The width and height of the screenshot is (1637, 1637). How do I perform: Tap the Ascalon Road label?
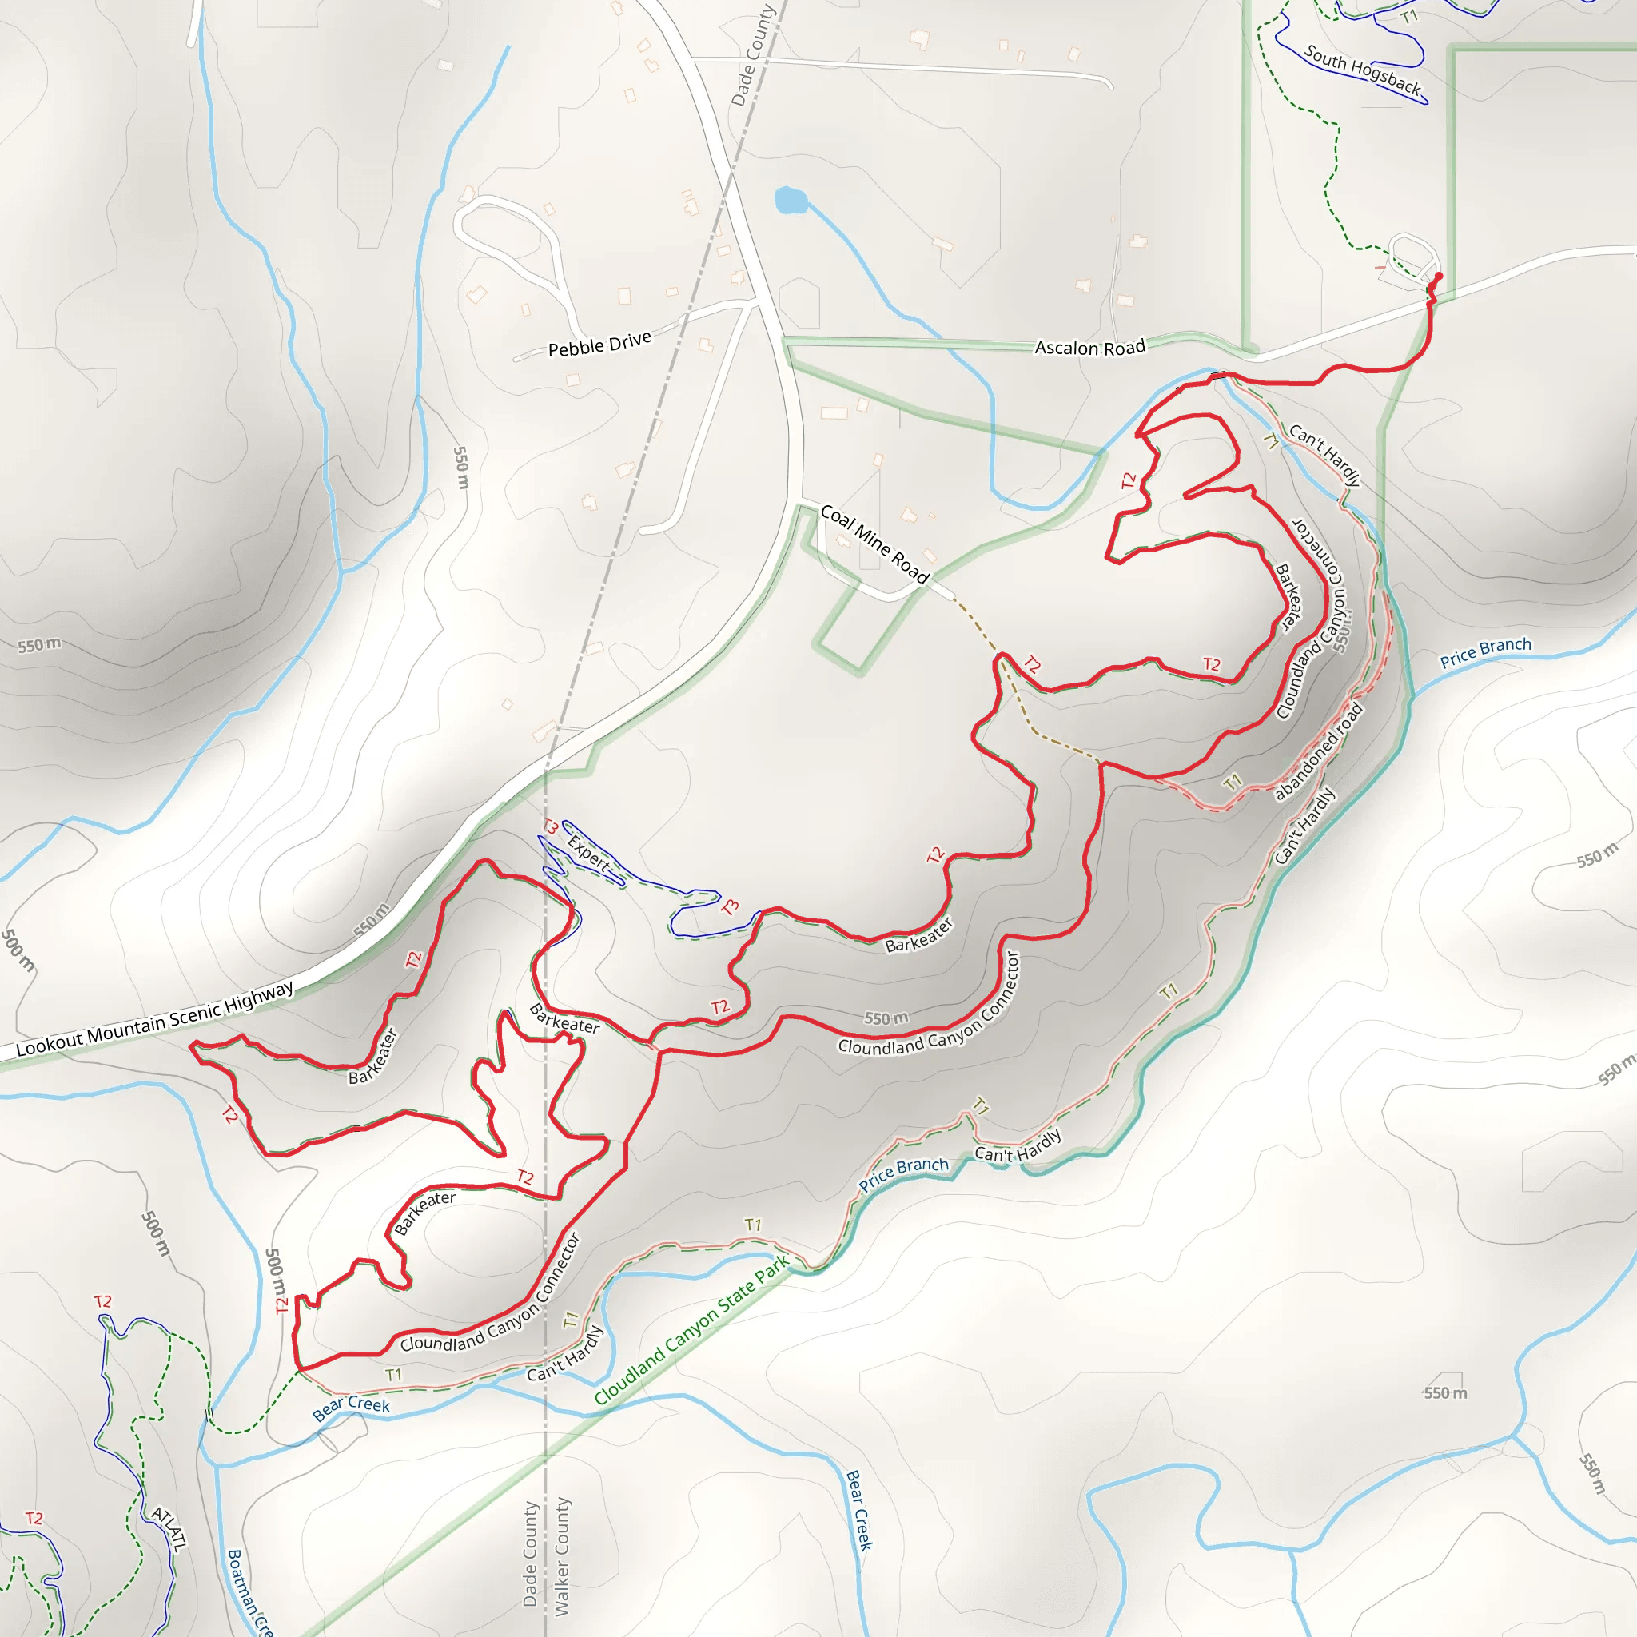(1089, 348)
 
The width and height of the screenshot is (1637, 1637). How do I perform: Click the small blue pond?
(790, 201)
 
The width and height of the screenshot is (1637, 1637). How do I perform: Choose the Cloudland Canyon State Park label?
(691, 1330)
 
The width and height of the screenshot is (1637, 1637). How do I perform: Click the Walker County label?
(561, 1555)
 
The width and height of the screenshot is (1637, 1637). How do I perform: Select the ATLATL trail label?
(168, 1527)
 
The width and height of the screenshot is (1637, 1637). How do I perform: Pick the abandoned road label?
(1318, 751)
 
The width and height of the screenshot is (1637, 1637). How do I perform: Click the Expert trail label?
(588, 853)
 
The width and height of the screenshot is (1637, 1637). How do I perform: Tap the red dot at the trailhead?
(1438, 277)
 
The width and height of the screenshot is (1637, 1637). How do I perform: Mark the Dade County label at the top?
(752, 55)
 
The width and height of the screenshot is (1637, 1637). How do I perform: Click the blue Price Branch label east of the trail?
(1485, 651)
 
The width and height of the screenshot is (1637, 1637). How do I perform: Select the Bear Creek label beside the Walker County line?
(859, 1509)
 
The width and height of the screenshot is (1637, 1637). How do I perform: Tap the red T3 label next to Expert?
(550, 827)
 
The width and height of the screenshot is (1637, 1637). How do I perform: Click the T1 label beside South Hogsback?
(1409, 17)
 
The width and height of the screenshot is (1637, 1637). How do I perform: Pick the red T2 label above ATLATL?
(102, 1301)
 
